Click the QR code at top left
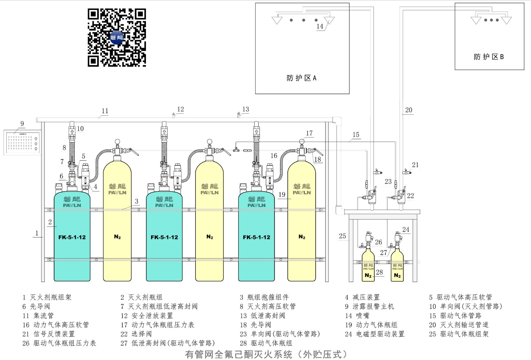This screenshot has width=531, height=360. [x=117, y=37]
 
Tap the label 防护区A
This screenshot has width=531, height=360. [x=301, y=78]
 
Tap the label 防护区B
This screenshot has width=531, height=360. [x=489, y=57]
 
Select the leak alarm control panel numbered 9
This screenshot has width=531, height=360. [x=23, y=142]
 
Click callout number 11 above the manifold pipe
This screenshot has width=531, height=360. [x=105, y=111]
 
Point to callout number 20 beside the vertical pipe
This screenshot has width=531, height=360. [x=409, y=110]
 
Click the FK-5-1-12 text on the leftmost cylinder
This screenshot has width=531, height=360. [x=72, y=237]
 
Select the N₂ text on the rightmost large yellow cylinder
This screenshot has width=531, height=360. [x=302, y=237]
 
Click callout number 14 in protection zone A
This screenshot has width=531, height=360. [x=320, y=26]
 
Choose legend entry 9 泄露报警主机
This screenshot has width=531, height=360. [x=369, y=307]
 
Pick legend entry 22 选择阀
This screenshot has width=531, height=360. [x=136, y=334]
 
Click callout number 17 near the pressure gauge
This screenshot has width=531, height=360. [x=309, y=133]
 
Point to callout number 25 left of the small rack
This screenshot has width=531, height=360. [x=342, y=236]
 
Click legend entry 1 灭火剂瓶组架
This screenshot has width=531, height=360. [x=47, y=297]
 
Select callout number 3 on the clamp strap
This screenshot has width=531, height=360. [x=136, y=201]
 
